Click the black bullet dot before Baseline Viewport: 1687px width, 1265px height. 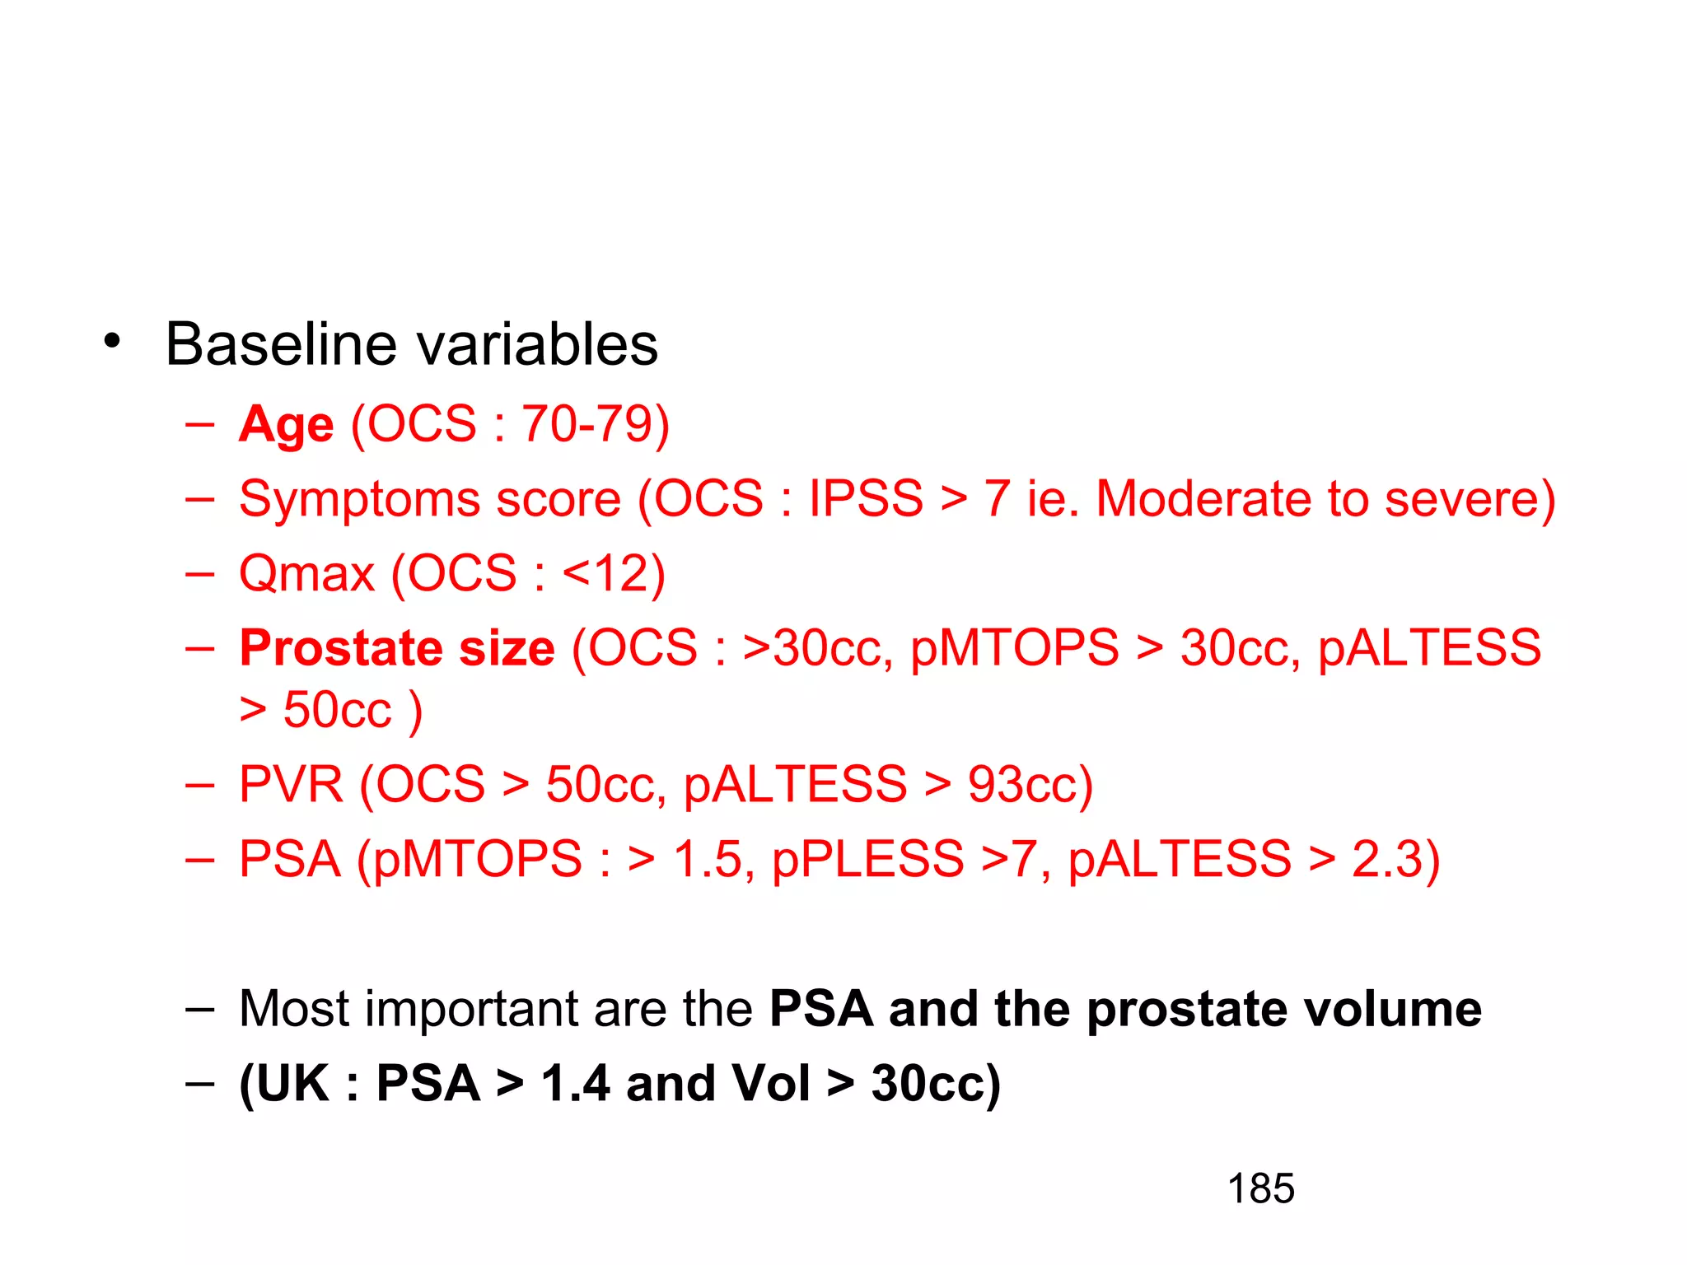113,341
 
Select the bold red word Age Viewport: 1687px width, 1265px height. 286,426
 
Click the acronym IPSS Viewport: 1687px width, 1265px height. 866,498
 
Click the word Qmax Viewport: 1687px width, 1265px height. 306,574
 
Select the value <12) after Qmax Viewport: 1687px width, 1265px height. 614,573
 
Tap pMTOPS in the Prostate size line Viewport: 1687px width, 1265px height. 1014,648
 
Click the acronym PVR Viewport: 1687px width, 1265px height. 291,784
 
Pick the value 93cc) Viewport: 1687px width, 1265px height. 1030,784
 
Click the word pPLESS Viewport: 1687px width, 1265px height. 867,859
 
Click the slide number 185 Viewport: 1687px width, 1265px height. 1260,1189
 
